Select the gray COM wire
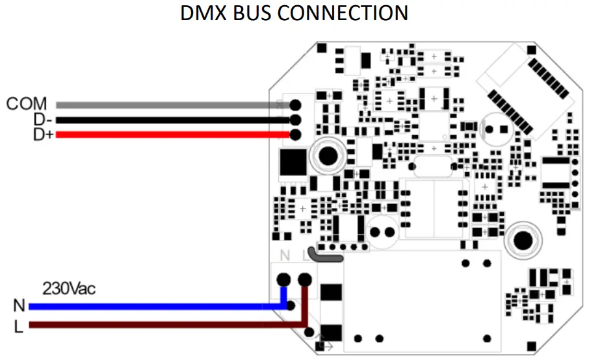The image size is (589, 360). coord(163,105)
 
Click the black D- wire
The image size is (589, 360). coord(163,120)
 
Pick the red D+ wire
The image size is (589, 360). coord(163,135)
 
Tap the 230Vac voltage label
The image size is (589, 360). coord(69,288)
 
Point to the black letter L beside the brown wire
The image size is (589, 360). coord(18,326)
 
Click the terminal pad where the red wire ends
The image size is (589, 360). coord(295,135)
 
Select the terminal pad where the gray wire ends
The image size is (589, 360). coord(295,105)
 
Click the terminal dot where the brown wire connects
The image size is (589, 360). coord(304,280)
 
